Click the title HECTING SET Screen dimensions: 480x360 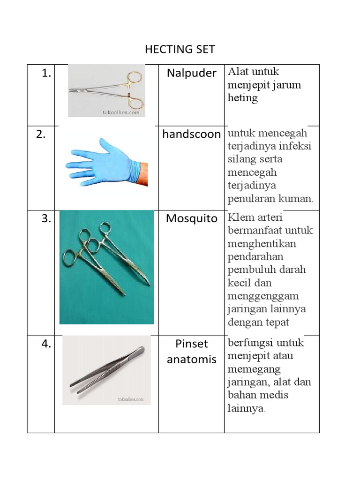pos(180,49)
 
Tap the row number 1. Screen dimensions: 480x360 pos(45,74)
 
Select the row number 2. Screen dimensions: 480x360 pos(40,135)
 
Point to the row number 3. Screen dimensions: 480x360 pos(45,219)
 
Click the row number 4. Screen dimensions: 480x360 pos(45,344)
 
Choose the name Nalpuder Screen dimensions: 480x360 pos(191,73)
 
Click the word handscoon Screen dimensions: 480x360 pos(191,135)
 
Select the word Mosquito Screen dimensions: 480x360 pos(191,219)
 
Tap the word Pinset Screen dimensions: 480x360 pos(191,344)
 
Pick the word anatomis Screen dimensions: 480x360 pos(191,360)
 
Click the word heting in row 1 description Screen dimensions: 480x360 pos(242,98)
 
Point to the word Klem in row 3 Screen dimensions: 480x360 pos(240,217)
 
